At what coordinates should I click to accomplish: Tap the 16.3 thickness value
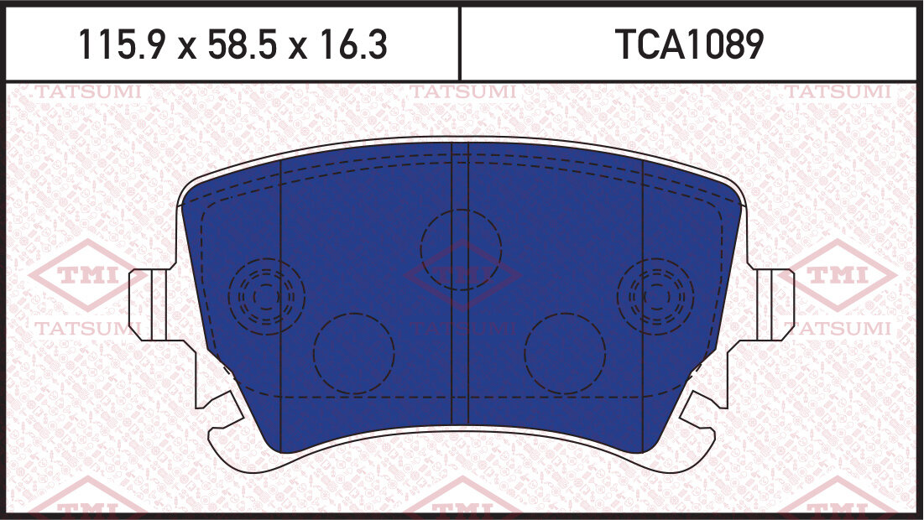point(352,45)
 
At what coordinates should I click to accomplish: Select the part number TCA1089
point(690,45)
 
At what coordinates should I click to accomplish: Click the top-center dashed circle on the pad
point(461,249)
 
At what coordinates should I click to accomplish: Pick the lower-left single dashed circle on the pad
point(353,353)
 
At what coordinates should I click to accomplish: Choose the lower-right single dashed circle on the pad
point(565,353)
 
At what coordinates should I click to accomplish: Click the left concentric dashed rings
point(266,295)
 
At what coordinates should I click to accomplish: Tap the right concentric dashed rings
point(655,295)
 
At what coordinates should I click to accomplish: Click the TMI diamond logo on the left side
point(80,276)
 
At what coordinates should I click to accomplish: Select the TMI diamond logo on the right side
point(842,276)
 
